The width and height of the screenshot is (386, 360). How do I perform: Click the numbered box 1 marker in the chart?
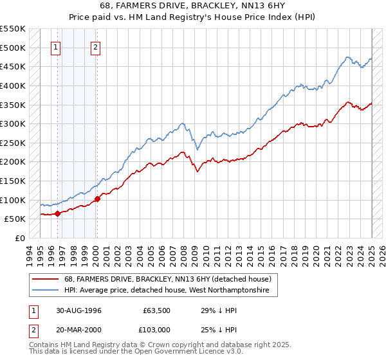56,46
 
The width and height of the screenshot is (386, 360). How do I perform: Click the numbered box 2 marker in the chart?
95,46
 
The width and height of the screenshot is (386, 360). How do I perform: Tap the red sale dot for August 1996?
58,213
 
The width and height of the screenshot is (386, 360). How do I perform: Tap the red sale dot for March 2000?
97,199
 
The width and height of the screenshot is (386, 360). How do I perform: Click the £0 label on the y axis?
20,238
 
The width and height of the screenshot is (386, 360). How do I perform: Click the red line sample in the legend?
46,279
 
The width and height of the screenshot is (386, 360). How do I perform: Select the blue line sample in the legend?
46,291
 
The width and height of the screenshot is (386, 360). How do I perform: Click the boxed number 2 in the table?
32,330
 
